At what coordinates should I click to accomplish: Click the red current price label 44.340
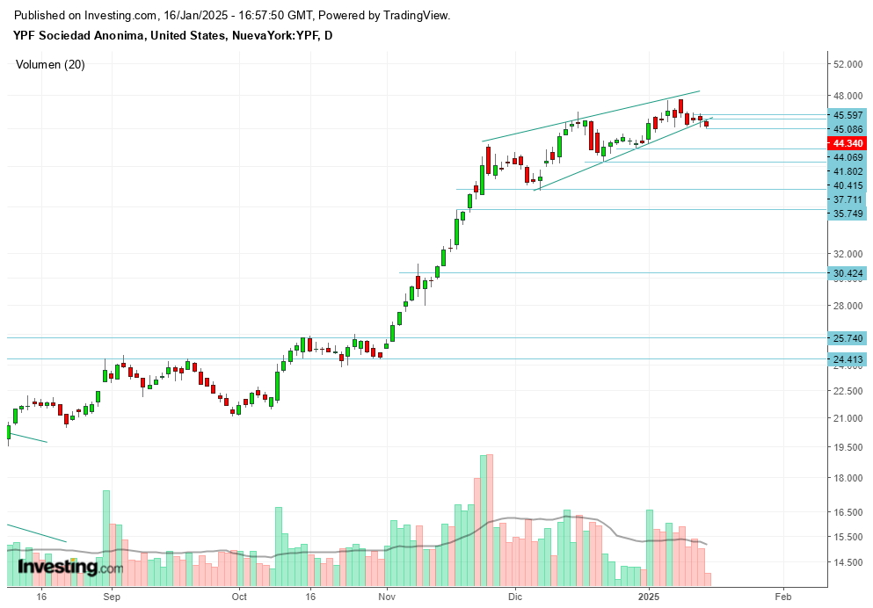pos(848,143)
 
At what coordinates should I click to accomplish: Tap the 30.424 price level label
pos(848,274)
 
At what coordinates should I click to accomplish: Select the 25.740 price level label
pos(848,338)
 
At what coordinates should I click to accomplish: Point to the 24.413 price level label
pos(848,358)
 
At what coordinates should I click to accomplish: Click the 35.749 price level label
pos(848,214)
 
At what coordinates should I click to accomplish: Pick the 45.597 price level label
pos(848,115)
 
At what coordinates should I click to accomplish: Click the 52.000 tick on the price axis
pos(848,64)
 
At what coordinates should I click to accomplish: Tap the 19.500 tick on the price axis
pos(848,447)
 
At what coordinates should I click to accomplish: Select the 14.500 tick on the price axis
pos(848,562)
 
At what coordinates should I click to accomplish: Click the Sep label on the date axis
pos(111,595)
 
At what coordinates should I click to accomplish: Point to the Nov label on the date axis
pos(387,595)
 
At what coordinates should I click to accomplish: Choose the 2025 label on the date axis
pos(649,595)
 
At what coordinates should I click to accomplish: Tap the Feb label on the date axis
pos(783,595)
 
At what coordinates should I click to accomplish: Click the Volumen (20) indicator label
pos(51,64)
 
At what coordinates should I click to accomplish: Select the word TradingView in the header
pos(411,16)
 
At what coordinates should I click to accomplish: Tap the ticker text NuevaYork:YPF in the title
pos(271,36)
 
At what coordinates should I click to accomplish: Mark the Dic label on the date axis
pos(515,595)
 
